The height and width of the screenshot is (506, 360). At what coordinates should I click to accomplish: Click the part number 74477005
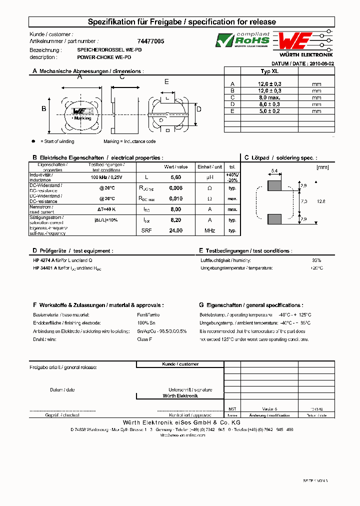point(150,41)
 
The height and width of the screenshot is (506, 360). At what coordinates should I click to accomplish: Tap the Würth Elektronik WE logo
point(295,40)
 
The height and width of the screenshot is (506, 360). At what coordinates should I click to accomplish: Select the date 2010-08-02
point(322,64)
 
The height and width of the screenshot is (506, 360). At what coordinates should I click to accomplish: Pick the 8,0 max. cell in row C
point(270,97)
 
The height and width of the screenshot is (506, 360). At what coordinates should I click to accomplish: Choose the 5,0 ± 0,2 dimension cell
point(270,111)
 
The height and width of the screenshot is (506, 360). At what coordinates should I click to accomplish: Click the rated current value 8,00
point(175,209)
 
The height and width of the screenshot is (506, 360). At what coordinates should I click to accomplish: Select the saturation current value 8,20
point(175,220)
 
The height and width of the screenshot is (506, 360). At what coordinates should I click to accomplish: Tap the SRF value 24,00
point(175,230)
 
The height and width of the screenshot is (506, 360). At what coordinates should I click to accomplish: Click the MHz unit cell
point(209,230)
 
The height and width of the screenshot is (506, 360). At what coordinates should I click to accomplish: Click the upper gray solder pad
point(274,185)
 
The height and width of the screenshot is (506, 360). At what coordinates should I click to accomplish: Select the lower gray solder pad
point(274,218)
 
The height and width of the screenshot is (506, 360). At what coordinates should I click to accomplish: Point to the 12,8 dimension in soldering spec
point(320,201)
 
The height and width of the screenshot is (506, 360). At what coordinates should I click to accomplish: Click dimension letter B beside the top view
point(43,109)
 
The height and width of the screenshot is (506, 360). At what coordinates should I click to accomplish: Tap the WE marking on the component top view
point(80,111)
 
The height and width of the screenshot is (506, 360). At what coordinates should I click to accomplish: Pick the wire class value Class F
point(144,339)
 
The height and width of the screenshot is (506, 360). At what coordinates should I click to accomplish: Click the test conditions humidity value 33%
point(316,260)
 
